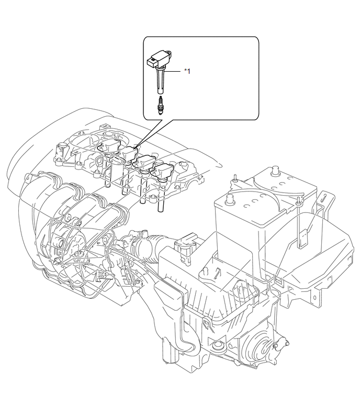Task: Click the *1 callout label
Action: (187, 71)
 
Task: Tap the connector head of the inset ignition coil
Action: (152, 62)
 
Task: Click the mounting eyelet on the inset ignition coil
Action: (169, 53)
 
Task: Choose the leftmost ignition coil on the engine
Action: (109, 146)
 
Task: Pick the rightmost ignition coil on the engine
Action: (163, 171)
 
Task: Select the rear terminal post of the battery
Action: (276, 170)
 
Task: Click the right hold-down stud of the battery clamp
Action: (298, 200)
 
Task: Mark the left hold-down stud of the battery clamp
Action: (234, 177)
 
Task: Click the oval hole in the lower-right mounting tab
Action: (314, 298)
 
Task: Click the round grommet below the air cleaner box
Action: (217, 346)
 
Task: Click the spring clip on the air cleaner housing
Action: (208, 325)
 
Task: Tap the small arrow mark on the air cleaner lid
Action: (217, 273)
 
